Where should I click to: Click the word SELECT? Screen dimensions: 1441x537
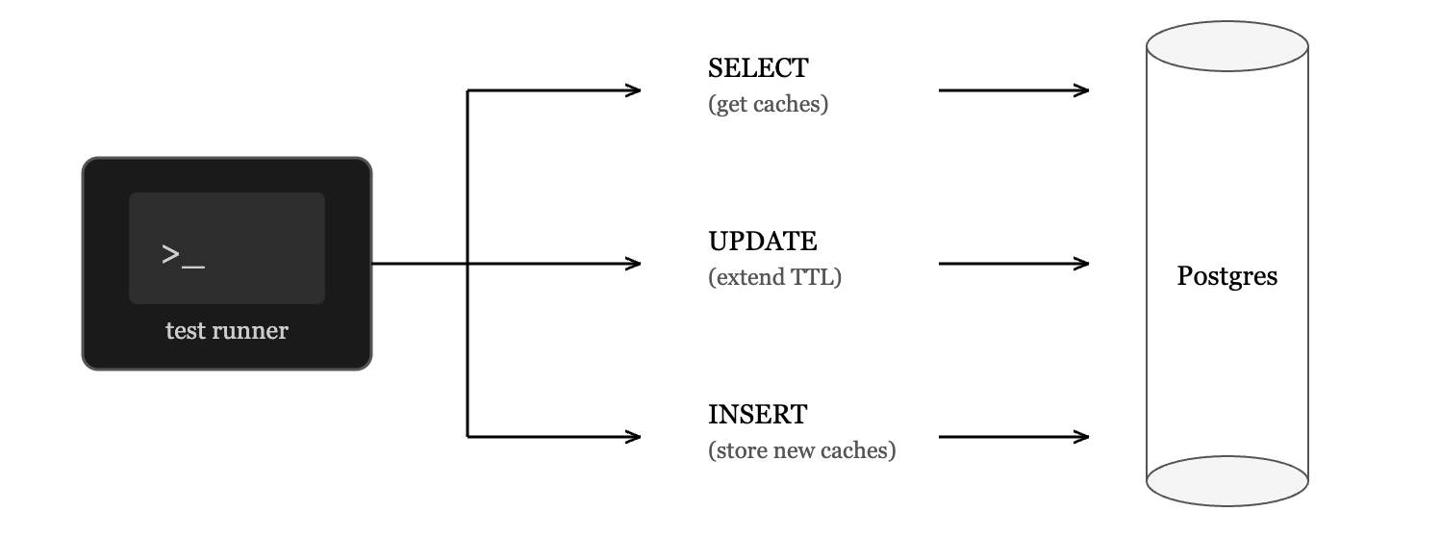758,68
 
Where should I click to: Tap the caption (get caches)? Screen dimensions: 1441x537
768,104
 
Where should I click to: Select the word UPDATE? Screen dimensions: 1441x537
762,242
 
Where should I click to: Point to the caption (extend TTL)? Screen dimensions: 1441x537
774,277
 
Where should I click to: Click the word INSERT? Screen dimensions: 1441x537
757,415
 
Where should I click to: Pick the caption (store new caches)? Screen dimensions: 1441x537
801,450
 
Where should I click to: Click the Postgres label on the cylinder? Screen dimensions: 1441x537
1226,277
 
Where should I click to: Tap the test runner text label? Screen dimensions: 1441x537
226,331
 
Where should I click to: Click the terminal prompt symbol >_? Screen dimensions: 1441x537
183,256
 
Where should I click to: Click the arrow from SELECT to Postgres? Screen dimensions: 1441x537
1014,90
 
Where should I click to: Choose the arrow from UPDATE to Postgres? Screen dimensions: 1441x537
1014,264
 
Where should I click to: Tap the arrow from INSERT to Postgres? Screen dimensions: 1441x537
1014,437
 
